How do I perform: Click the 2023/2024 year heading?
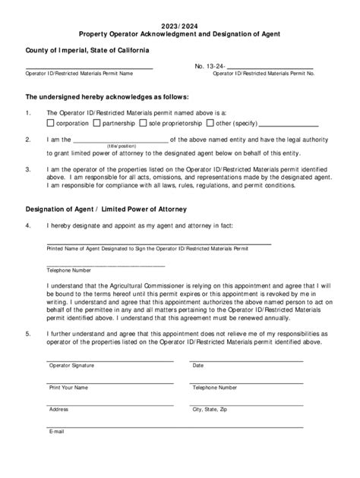click(180, 24)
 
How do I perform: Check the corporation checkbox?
click(51, 121)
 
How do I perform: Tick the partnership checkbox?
click(96, 121)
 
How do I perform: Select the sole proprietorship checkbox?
click(142, 121)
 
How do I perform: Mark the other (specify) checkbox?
click(210, 121)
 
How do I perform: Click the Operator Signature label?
click(71, 366)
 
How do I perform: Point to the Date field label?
click(198, 366)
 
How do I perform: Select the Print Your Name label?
click(68, 387)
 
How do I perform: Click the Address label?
click(59, 409)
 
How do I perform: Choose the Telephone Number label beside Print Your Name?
click(215, 387)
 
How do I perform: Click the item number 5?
click(28, 333)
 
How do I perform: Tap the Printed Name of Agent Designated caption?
click(147, 248)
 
